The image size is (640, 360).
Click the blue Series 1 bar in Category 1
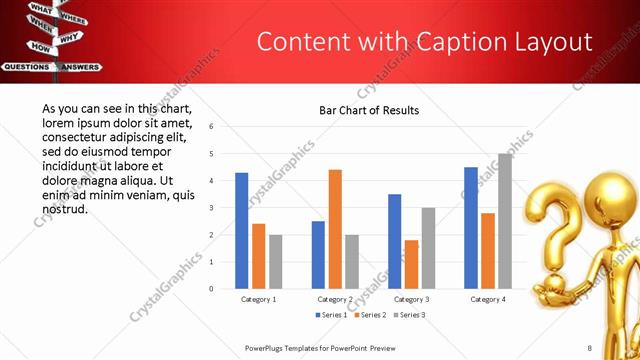coord(242,230)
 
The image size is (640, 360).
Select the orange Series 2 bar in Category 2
coord(335,229)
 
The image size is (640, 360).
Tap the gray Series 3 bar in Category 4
coord(505,221)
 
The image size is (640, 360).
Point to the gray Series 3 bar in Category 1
coord(275,261)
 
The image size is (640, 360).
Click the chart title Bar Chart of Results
coord(369,110)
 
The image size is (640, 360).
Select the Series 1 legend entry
coord(332,315)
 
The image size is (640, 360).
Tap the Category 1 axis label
coord(259,299)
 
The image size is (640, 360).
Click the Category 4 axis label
coord(488,299)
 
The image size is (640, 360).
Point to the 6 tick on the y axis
coord(211,127)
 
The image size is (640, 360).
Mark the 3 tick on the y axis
coord(211,208)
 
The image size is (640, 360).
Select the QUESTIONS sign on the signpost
coord(27,67)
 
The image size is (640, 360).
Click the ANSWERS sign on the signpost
coord(80,67)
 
